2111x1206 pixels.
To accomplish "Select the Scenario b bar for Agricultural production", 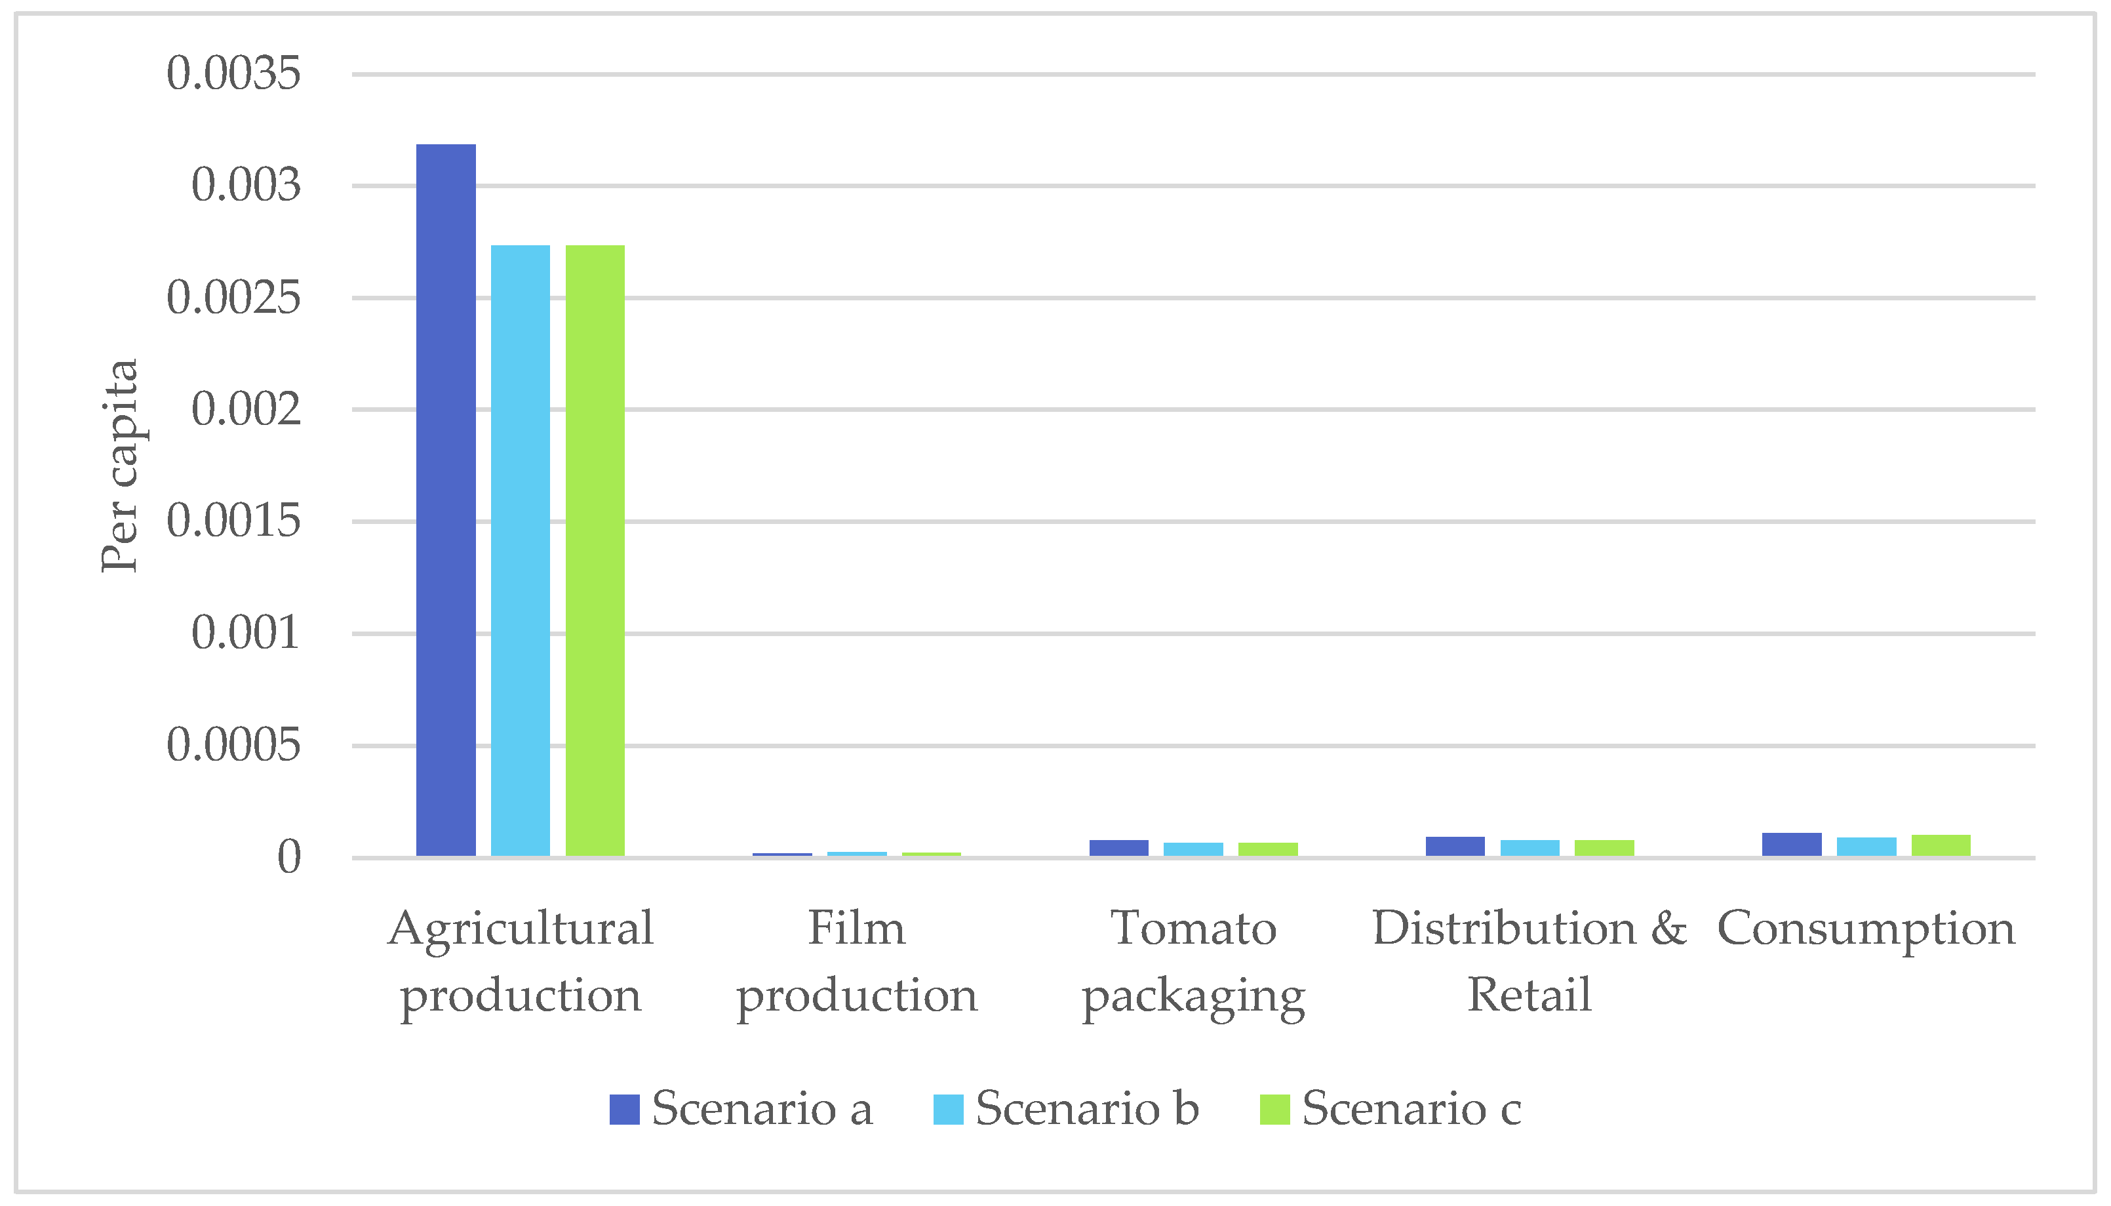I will click(x=520, y=550).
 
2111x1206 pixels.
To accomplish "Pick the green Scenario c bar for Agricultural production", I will click(x=595, y=550).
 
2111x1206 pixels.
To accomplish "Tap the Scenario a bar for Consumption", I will click(x=1792, y=844).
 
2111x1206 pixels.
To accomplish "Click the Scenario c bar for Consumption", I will click(x=1941, y=845).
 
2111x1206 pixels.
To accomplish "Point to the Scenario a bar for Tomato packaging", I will click(x=1118, y=847).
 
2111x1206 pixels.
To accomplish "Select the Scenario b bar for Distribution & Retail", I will click(x=1529, y=847).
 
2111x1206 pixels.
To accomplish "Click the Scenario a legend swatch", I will click(x=624, y=1109).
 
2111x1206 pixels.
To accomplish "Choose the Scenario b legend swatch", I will click(x=948, y=1109).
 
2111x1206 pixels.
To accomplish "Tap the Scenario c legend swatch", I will click(x=1274, y=1109).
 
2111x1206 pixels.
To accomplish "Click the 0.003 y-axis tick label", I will click(x=246, y=186).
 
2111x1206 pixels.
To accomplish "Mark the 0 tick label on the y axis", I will click(x=289, y=857).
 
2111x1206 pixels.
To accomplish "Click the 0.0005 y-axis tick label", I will click(x=233, y=746).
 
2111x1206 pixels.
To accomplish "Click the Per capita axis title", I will click(x=119, y=466).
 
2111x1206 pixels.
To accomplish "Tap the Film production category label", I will click(x=857, y=961).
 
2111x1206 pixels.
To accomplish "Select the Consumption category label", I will click(x=1866, y=929).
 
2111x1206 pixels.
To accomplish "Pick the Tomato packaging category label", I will click(x=1193, y=961).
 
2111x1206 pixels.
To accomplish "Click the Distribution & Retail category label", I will click(x=1529, y=961).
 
